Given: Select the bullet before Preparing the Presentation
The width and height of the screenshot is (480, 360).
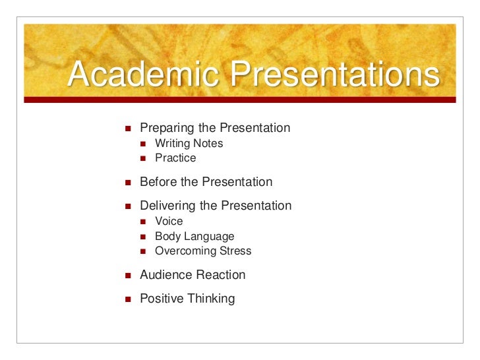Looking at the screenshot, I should coord(128,128).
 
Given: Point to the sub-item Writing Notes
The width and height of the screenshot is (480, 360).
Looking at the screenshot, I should coord(189,143).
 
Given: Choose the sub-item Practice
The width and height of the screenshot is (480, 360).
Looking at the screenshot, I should coord(175,158).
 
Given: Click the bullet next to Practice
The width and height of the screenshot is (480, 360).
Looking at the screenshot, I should coord(144,158).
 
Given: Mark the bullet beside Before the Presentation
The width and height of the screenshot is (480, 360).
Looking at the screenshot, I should coord(128,183).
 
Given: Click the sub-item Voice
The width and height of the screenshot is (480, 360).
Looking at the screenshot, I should coord(169,222).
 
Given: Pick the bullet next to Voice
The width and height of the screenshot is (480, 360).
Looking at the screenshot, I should coord(144,222).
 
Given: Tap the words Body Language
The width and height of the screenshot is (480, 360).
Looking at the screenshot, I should coord(195,236).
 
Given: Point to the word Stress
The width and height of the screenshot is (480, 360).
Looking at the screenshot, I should coord(235,251).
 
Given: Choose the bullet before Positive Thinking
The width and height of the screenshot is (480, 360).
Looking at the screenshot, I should coord(128,299).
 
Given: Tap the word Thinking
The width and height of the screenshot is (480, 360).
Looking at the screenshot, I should coord(211,299).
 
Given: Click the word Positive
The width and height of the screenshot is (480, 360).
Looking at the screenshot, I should coord(162,299).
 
